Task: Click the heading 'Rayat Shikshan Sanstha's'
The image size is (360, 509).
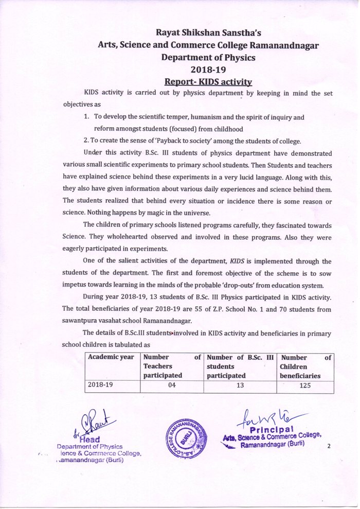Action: click(x=209, y=32)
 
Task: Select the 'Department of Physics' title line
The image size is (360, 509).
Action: click(x=208, y=57)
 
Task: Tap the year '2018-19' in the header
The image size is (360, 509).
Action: click(x=208, y=69)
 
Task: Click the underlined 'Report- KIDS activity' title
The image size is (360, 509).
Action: click(x=208, y=82)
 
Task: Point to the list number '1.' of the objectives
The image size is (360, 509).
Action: click(x=87, y=117)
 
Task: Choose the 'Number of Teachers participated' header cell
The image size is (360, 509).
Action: click(x=172, y=366)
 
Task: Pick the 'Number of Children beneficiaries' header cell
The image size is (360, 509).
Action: click(x=307, y=366)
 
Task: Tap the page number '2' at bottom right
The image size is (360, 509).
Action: click(x=328, y=447)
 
